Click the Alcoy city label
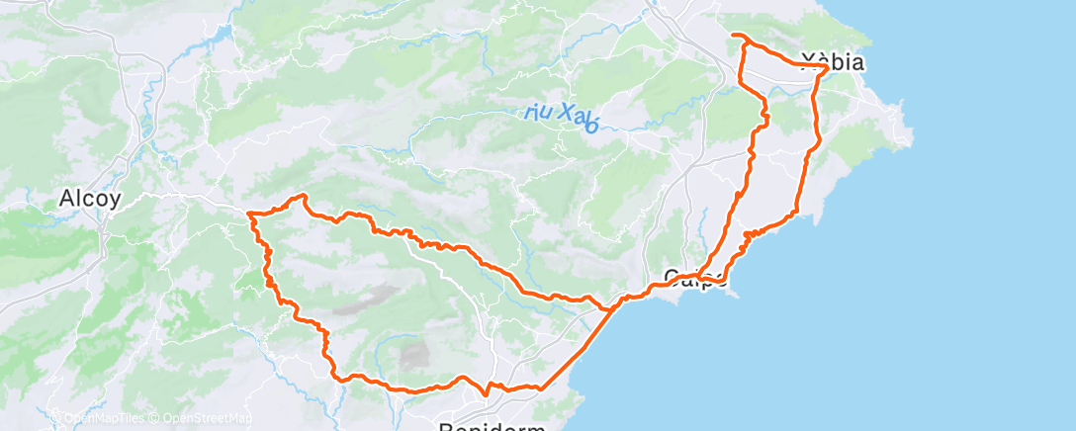(x=90, y=199)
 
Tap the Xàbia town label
(x=836, y=62)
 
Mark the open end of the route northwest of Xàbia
(x=733, y=36)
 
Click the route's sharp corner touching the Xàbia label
(x=826, y=67)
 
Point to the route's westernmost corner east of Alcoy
(x=249, y=213)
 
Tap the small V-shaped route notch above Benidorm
(x=485, y=392)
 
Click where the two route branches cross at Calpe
(x=699, y=276)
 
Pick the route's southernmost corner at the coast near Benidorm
(x=541, y=388)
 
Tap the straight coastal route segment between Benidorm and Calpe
(x=579, y=347)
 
